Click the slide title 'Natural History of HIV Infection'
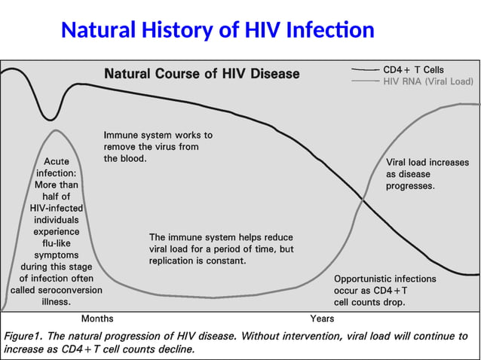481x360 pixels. pyautogui.click(x=217, y=30)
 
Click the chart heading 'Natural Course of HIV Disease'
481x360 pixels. pyautogui.click(x=201, y=74)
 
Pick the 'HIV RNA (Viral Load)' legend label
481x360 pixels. pyautogui.click(x=428, y=81)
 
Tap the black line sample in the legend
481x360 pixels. pyautogui.click(x=365, y=69)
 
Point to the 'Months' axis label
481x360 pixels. pyautogui.click(x=97, y=319)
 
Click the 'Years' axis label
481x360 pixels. pyautogui.click(x=322, y=319)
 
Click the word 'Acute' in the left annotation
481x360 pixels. pyautogui.click(x=57, y=161)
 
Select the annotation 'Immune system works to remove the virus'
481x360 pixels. pyautogui.click(x=158, y=147)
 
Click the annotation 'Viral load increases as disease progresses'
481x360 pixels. pyautogui.click(x=427, y=173)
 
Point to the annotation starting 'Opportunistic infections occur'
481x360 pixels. pyautogui.click(x=384, y=290)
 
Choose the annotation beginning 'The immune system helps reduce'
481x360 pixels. pyautogui.click(x=221, y=249)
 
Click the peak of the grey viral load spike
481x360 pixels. pyautogui.click(x=55, y=130)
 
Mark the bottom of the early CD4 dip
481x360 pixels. pyautogui.click(x=50, y=119)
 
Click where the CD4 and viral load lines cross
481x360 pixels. pyautogui.click(x=363, y=200)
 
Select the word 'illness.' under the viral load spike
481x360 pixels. pyautogui.click(x=57, y=301)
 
